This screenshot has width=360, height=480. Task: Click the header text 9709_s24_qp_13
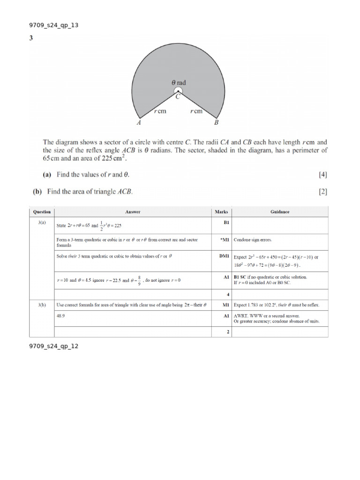pyautogui.click(x=53, y=25)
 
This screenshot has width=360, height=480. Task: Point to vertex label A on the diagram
pyautogui.click(x=139, y=123)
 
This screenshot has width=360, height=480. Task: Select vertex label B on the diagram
pyautogui.click(x=216, y=123)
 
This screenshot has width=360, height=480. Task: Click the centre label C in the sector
pyautogui.click(x=178, y=97)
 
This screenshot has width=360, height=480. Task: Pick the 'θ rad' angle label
pyautogui.click(x=179, y=82)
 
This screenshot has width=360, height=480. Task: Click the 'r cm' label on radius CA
pyautogui.click(x=160, y=112)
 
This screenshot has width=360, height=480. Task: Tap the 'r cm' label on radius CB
pyautogui.click(x=196, y=112)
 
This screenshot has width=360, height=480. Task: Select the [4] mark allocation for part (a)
pyautogui.click(x=322, y=175)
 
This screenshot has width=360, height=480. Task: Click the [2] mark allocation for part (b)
pyautogui.click(x=322, y=191)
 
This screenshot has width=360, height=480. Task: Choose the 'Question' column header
pyautogui.click(x=42, y=212)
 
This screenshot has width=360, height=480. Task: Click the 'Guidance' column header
pyautogui.click(x=280, y=212)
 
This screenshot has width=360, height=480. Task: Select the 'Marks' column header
pyautogui.click(x=221, y=212)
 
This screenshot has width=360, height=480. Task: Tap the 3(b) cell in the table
pyautogui.click(x=42, y=304)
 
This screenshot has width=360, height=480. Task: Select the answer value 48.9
pyautogui.click(x=60, y=316)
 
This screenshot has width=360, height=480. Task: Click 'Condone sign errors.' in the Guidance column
pyautogui.click(x=253, y=240)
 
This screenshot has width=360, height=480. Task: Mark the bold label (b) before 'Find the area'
pyautogui.click(x=37, y=191)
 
